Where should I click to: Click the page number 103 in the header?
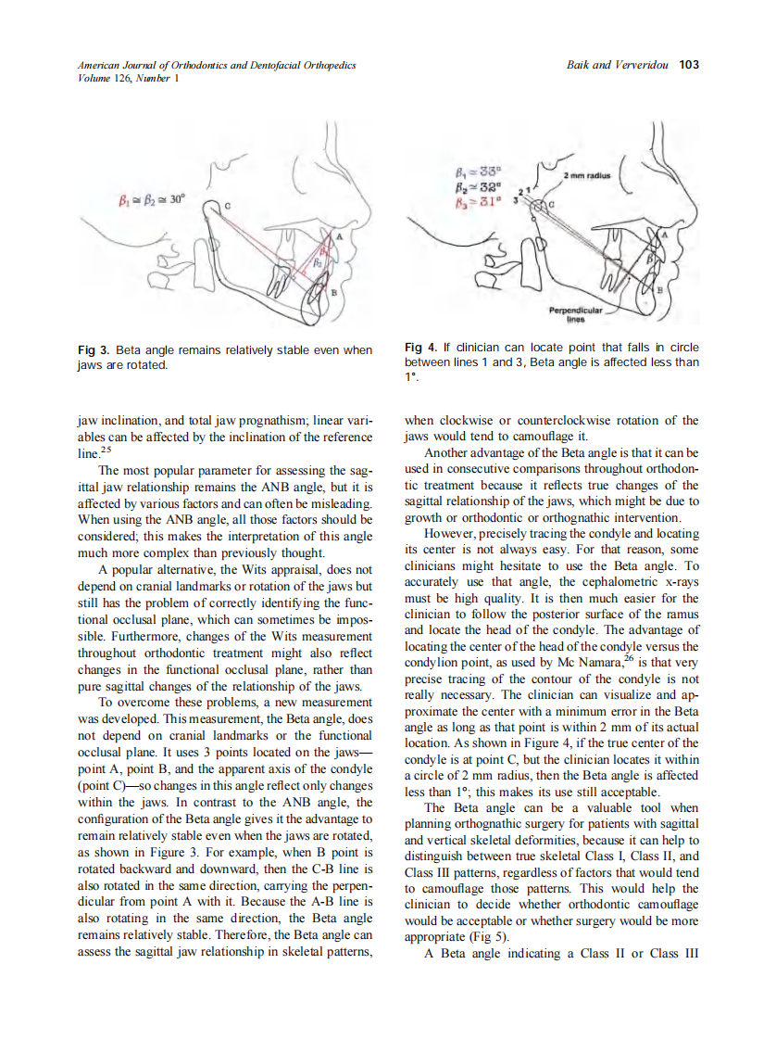(688, 65)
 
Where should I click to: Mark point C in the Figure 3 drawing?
(227, 204)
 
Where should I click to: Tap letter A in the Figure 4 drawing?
(663, 236)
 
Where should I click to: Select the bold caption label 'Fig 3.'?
(93, 350)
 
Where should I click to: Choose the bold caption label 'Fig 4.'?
(420, 348)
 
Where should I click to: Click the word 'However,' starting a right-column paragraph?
(447, 534)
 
